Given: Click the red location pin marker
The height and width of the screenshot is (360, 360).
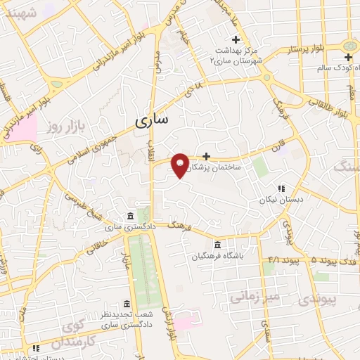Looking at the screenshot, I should click(181, 165).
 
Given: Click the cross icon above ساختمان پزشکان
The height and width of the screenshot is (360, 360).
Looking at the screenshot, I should click(206, 156).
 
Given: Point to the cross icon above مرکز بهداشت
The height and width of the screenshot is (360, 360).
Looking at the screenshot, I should click(236, 39).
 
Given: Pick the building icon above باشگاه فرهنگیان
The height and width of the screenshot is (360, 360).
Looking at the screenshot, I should click(217, 245).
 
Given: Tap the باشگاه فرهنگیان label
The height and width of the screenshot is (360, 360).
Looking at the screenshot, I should click(219, 257).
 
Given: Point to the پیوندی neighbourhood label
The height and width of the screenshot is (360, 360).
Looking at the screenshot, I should click(337, 298).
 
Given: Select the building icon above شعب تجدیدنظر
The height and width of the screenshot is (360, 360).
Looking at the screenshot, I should click(127, 304).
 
